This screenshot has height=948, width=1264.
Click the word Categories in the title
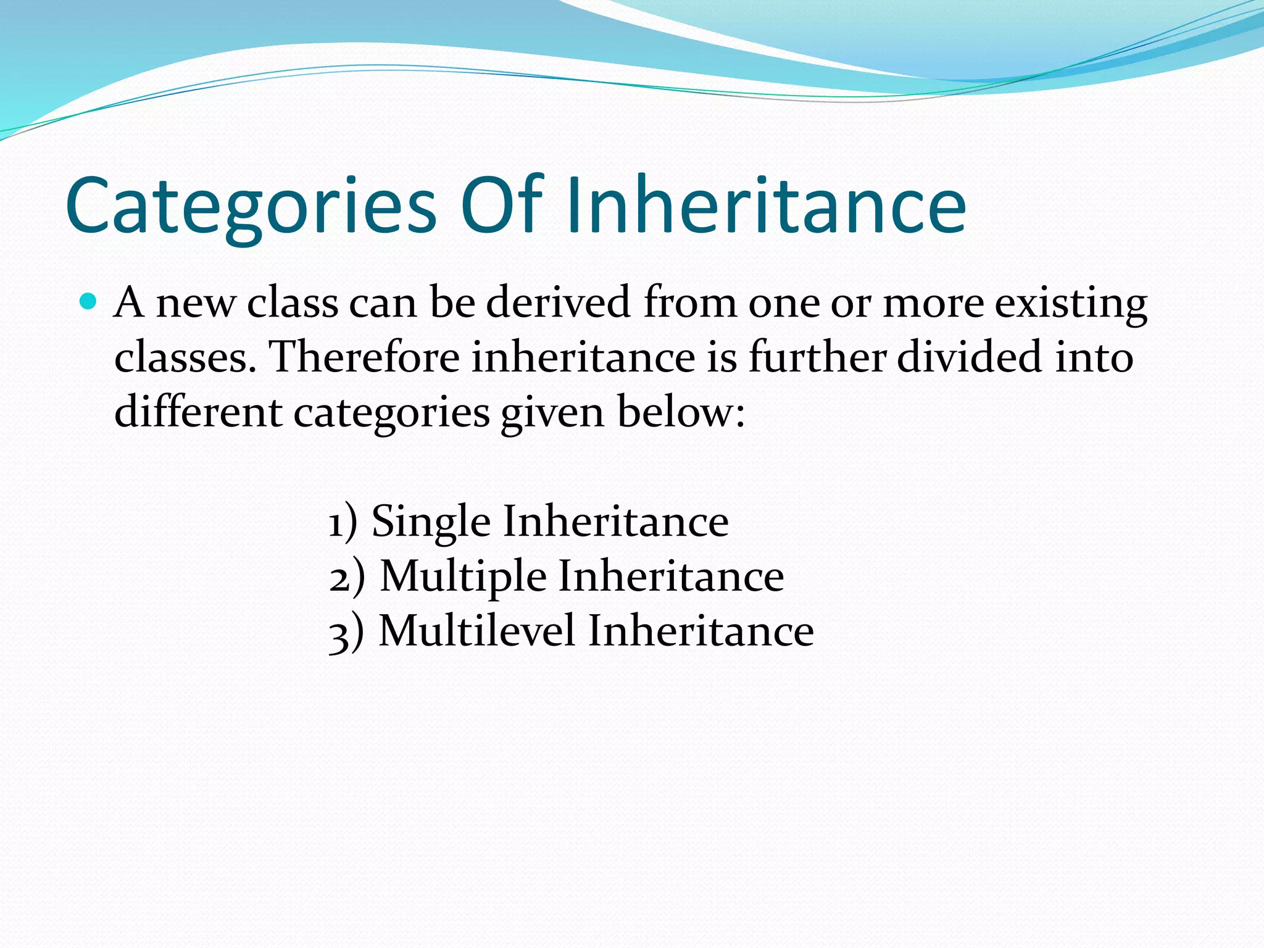[251, 207]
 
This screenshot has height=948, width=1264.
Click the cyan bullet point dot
[89, 302]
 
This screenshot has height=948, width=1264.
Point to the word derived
[558, 303]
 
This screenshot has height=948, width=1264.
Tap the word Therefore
[365, 357]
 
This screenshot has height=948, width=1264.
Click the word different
[198, 412]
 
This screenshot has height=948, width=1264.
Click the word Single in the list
[431, 522]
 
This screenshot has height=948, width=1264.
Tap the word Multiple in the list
[463, 576]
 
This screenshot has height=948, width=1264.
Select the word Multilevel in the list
[476, 631]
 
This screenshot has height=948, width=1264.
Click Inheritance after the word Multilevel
[701, 631]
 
